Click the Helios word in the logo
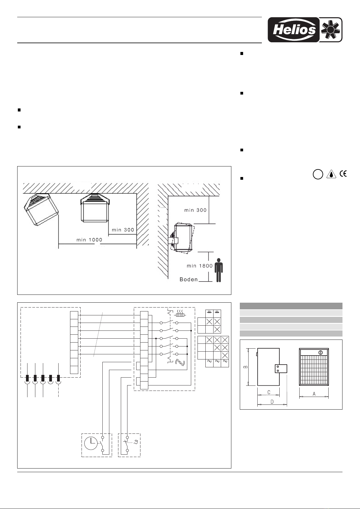coord(294,30)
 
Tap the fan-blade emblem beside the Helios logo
coord(330,30)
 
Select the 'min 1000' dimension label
coord(89,240)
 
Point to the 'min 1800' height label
coord(200,266)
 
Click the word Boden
coord(188,279)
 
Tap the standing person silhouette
coord(218,270)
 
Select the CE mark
coord(343,174)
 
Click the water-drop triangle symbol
coord(331,174)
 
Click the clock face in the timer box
coord(90,443)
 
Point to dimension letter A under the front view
coord(314,394)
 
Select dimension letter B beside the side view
coord(246,367)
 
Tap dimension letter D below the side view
coord(272,402)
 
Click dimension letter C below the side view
coord(269,392)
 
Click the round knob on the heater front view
coord(321,353)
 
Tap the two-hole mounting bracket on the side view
coord(281,369)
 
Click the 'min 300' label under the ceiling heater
coord(123,230)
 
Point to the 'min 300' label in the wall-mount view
coord(195,210)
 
